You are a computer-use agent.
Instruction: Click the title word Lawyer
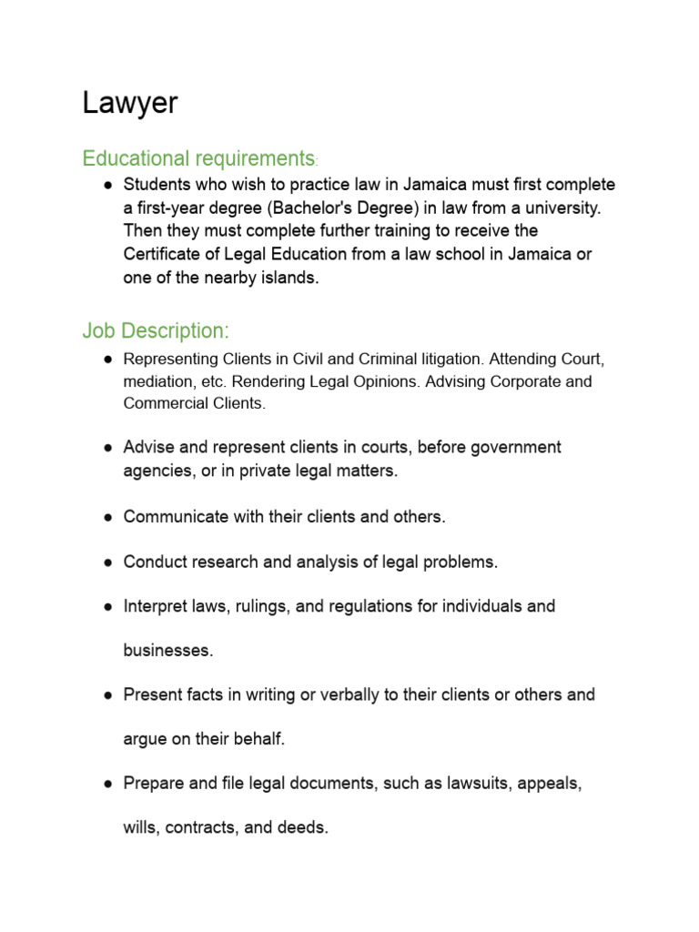(x=130, y=103)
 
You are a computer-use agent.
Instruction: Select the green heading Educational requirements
(x=198, y=158)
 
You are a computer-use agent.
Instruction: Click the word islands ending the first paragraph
(x=289, y=278)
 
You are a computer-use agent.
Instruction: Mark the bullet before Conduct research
(x=107, y=562)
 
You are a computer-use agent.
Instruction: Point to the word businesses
(x=167, y=651)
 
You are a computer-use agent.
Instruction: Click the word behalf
(x=259, y=739)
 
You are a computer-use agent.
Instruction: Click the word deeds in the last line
(x=304, y=828)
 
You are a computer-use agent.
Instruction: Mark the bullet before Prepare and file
(x=107, y=784)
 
